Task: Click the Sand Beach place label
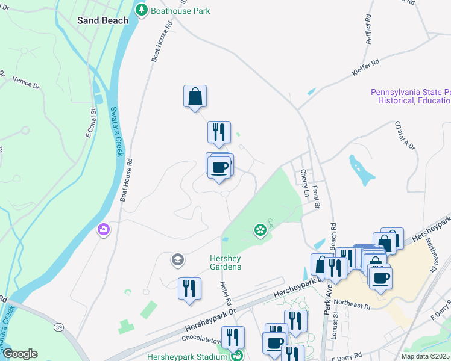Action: [x=102, y=20]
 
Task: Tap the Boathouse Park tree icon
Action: [x=142, y=10]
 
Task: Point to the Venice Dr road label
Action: [x=26, y=82]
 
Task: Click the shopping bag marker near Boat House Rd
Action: [x=195, y=96]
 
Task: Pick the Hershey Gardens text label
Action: [x=225, y=262]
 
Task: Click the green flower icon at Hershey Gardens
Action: [x=260, y=229]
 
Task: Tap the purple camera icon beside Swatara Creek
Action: [x=104, y=229]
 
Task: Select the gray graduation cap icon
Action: [x=177, y=260]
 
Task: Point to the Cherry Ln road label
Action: [x=305, y=183]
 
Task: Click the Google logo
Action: [x=20, y=354]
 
